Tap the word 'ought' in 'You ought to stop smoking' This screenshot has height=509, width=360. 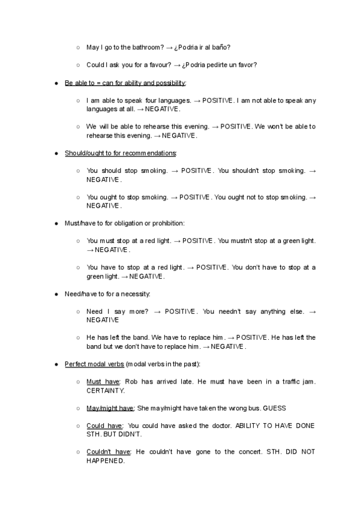click(x=109, y=197)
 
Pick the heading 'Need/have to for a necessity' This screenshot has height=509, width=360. click(x=107, y=294)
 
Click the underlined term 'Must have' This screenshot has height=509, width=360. click(x=103, y=382)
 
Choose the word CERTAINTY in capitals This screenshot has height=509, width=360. click(x=106, y=390)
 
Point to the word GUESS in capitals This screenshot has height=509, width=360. click(x=274, y=408)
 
